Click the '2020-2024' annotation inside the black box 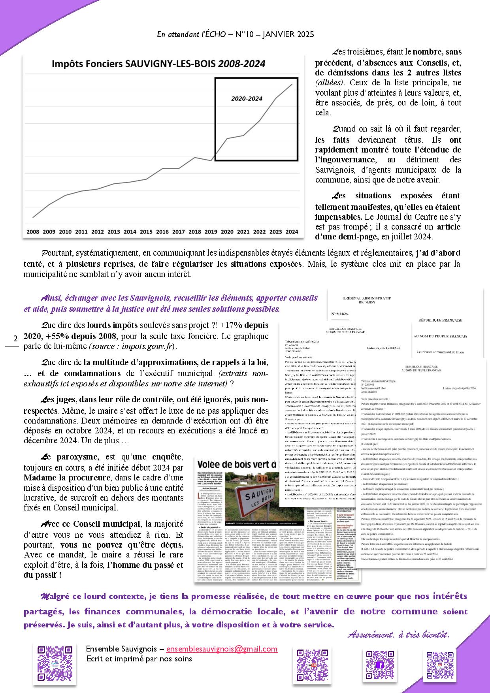tap(247, 99)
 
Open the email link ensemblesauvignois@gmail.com tap(222, 649)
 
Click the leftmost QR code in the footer tap(55, 665)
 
